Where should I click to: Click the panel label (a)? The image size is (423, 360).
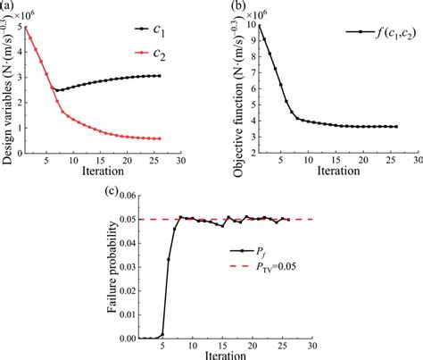[x=8, y=6]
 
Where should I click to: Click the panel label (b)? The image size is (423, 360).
[x=237, y=6]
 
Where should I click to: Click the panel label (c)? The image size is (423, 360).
[x=110, y=190]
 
